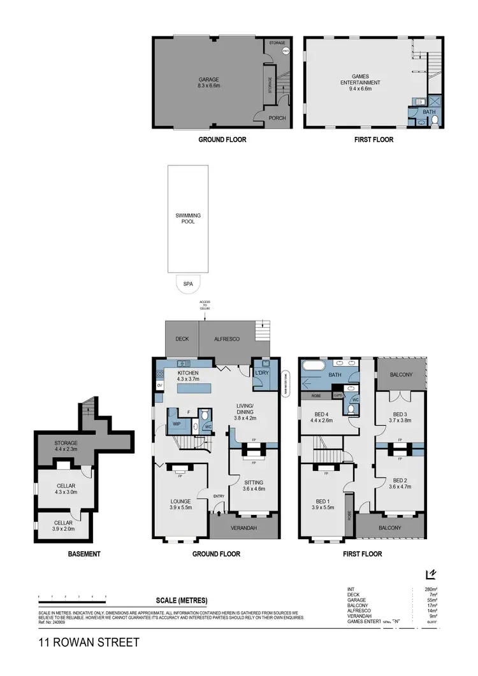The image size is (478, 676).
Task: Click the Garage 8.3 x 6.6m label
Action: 208,83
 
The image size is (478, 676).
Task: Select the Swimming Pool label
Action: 188,220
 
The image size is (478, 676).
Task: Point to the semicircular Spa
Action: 187,284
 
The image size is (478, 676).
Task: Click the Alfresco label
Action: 226,339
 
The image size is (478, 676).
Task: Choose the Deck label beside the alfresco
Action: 182,339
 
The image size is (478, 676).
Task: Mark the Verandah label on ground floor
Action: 245,527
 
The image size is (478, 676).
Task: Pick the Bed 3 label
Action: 400,418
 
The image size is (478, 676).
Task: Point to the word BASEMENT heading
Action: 84,554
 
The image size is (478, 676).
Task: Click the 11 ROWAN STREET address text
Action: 88,643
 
